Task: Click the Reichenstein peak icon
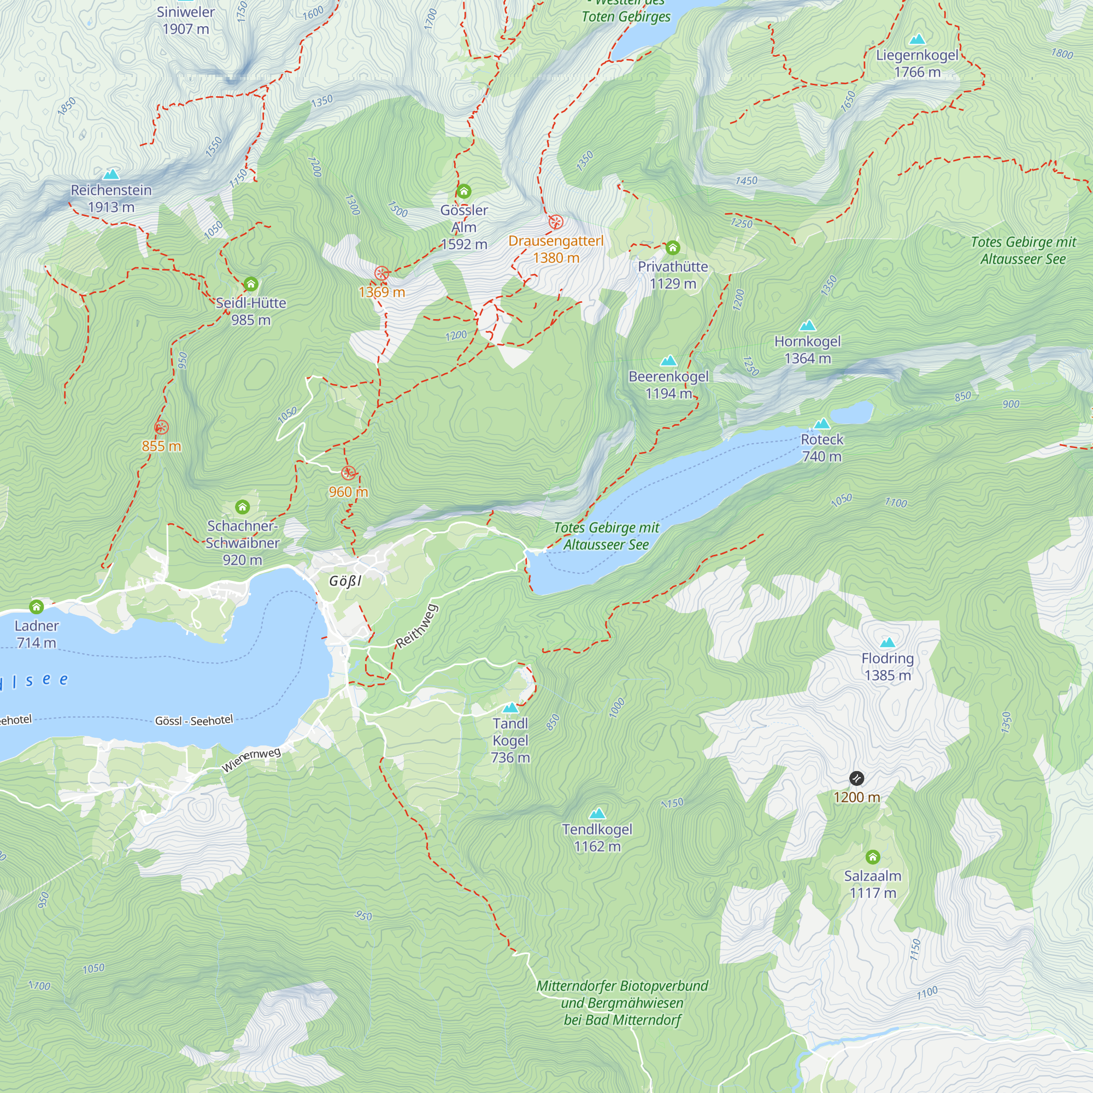(111, 174)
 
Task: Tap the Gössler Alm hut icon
(464, 191)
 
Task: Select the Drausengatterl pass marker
(556, 222)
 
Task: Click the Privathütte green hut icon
(672, 248)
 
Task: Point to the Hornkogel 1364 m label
(807, 350)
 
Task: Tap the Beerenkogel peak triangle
(668, 360)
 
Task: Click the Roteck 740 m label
(821, 448)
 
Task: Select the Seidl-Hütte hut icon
(251, 284)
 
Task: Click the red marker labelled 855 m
(161, 427)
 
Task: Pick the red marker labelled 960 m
(349, 473)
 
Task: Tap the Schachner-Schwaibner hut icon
(242, 507)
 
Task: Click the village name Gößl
(345, 581)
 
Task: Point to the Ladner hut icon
(37, 607)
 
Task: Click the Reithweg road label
(416, 626)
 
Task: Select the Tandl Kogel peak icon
(510, 708)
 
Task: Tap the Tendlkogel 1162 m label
(597, 838)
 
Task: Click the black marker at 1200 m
(856, 779)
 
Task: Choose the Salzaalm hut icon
(872, 857)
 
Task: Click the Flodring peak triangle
(887, 642)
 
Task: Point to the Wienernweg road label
(251, 760)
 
